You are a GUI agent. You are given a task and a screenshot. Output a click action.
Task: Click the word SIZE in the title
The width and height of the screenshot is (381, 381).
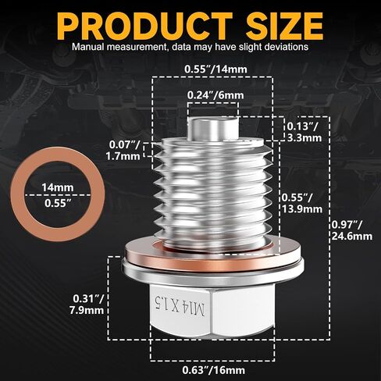[x=285, y=26]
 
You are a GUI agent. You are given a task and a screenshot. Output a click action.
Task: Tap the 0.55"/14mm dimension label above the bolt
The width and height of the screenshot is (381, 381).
[x=215, y=69]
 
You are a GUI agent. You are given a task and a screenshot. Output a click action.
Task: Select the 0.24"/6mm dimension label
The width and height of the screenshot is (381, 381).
[x=215, y=95]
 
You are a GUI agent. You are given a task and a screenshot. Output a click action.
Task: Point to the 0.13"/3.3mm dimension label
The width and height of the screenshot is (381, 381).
[x=304, y=132]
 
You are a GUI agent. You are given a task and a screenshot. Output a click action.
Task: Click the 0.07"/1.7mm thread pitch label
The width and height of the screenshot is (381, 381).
[x=123, y=151]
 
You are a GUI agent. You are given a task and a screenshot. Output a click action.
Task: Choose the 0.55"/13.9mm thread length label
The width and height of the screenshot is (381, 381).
[x=302, y=203]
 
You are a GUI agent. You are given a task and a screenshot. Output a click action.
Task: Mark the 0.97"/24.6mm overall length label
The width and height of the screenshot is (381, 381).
[x=352, y=230]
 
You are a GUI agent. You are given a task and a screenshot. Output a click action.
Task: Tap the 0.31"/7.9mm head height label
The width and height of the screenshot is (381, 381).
[x=87, y=304]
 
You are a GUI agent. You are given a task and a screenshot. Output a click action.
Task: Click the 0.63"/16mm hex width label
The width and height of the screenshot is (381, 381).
[x=213, y=370]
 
